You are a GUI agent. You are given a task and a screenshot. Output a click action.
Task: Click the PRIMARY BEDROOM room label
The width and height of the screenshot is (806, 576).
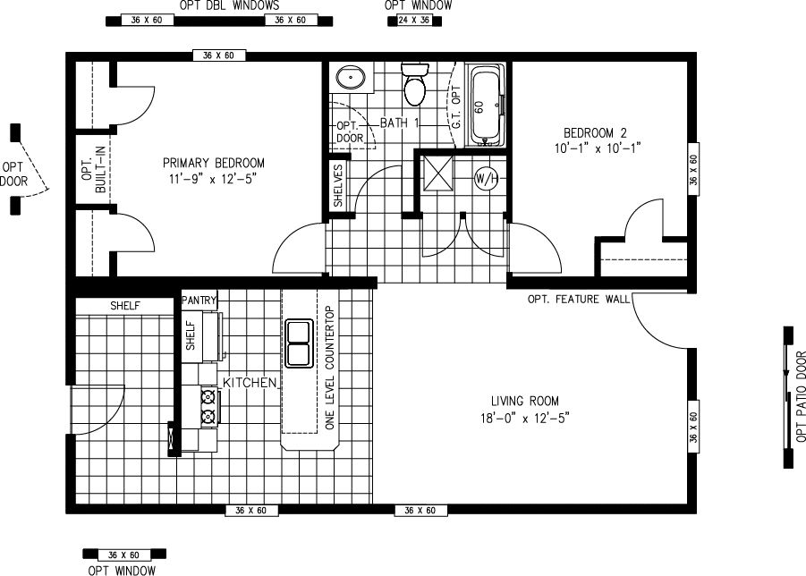[213, 163]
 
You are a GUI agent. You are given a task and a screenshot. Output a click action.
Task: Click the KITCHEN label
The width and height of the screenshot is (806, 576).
[250, 382]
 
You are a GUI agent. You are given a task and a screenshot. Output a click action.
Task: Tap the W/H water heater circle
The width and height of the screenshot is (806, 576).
[486, 178]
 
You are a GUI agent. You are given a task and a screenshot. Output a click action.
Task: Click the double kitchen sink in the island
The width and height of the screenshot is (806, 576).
[297, 343]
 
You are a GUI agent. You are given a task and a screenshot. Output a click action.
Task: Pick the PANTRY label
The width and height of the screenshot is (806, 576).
[199, 301]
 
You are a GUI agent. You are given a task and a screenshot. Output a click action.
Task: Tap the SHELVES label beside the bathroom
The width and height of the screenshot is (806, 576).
[338, 185]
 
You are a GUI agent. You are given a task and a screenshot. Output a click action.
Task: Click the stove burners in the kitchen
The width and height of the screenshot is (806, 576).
[209, 405]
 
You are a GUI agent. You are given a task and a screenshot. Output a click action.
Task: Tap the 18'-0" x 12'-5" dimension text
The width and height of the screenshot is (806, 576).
[524, 418]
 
